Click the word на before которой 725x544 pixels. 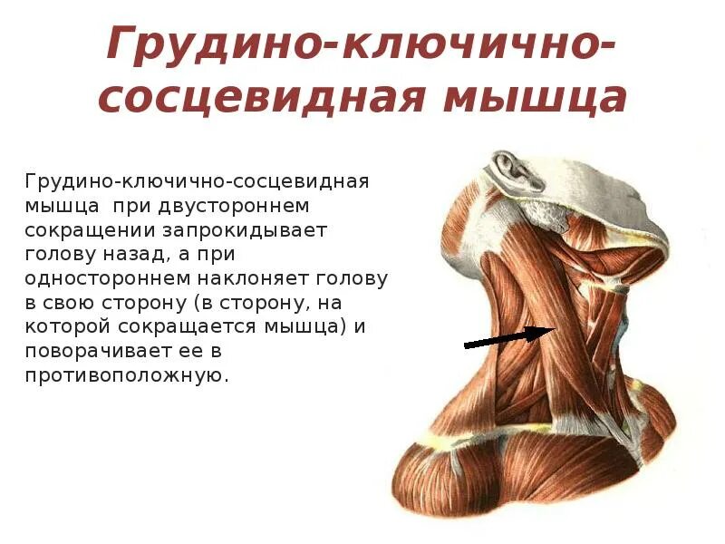(x=330, y=302)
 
